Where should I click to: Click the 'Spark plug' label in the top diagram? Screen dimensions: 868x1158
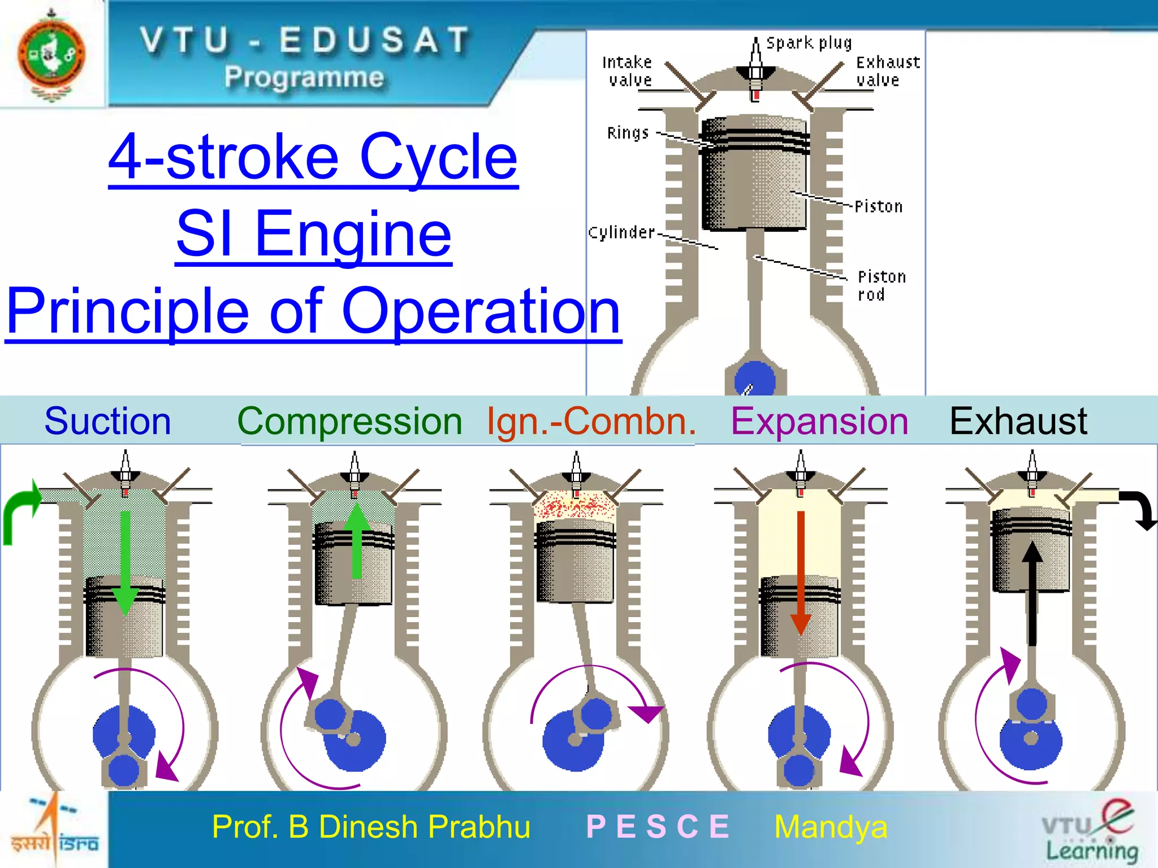809,44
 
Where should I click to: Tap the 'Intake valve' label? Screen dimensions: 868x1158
628,71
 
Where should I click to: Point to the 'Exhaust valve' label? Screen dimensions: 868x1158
887,71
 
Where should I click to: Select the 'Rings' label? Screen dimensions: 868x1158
628,133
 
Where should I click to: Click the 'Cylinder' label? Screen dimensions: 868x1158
621,233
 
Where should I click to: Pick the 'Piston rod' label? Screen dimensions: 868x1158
881,285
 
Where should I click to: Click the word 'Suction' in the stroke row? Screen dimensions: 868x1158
107,421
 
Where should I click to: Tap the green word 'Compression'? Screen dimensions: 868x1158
349,422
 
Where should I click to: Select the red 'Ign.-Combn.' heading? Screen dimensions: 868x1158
591,422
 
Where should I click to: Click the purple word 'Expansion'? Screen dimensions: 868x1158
819,421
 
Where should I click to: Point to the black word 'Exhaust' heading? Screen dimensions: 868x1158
1018,421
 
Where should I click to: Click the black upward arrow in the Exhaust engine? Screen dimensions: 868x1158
1032,593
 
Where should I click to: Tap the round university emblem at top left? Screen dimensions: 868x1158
51,54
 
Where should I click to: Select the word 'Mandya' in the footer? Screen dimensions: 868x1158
831,827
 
